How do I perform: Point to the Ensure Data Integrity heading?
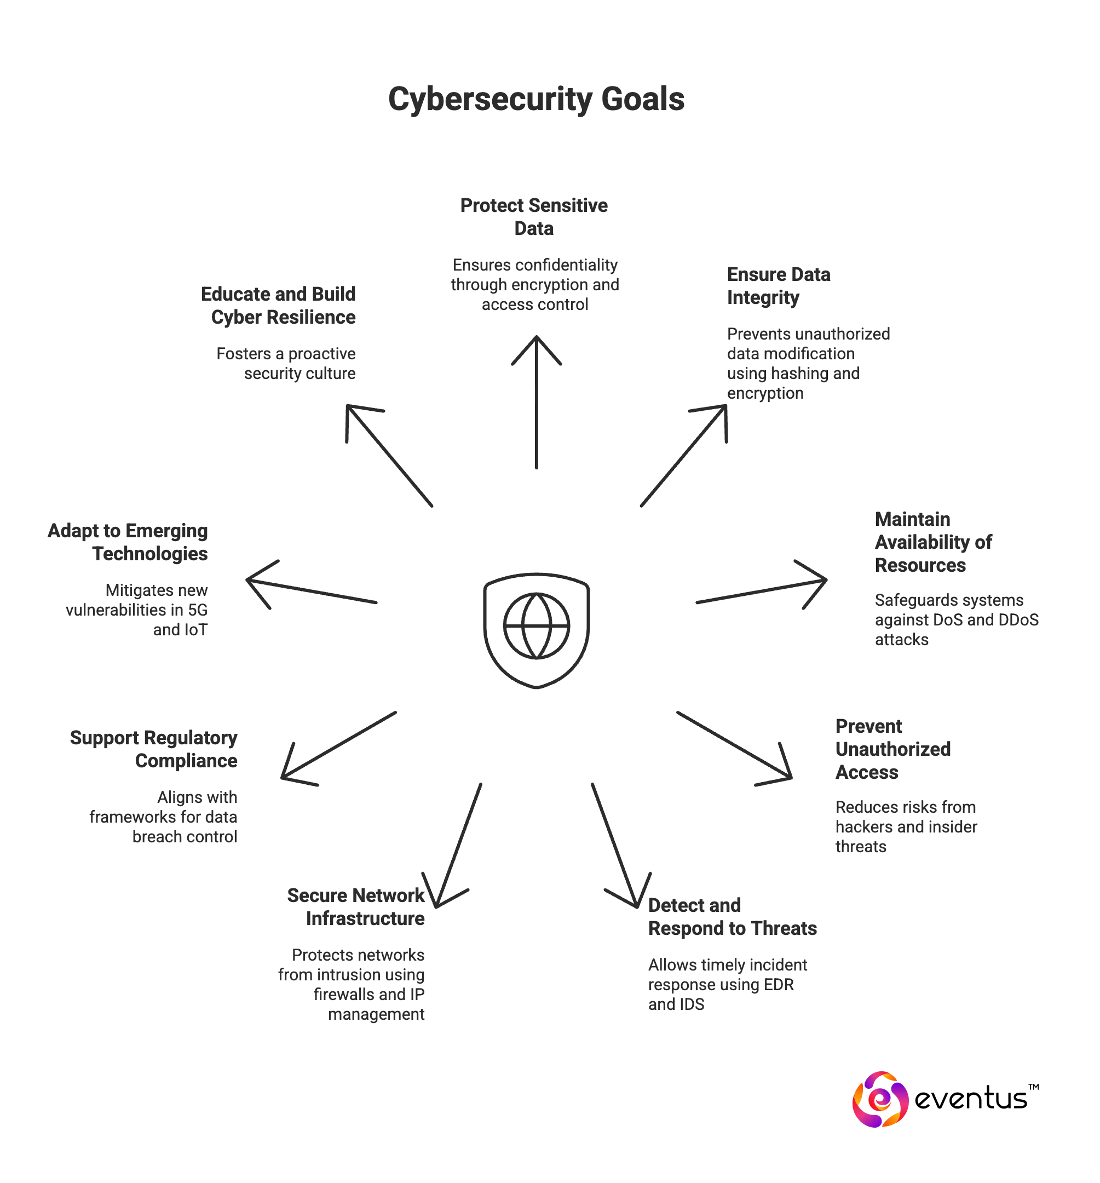click(x=778, y=286)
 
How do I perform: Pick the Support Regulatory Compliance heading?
click(x=156, y=749)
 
